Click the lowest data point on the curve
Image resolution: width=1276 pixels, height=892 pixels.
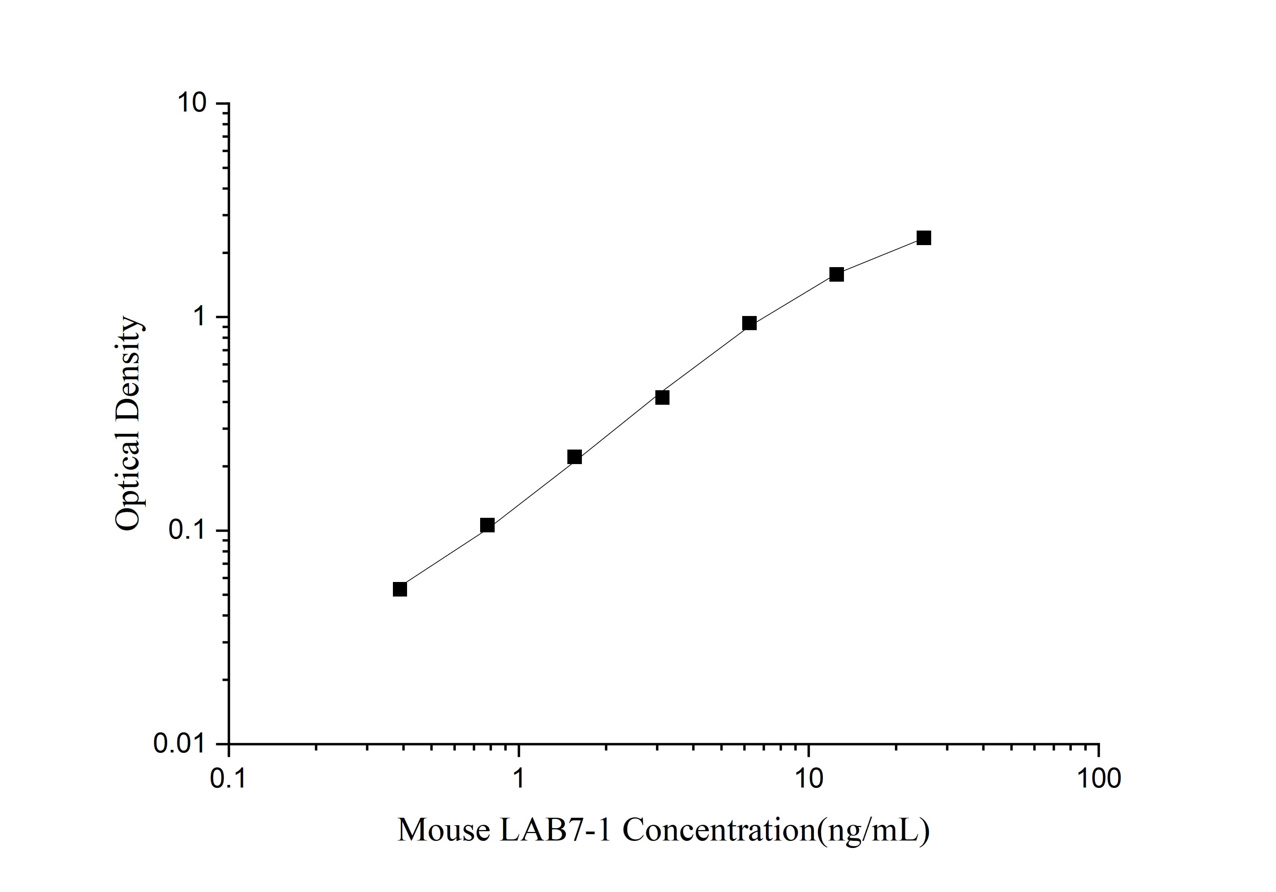pyautogui.click(x=400, y=589)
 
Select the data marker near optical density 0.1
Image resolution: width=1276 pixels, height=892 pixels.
pyautogui.click(x=487, y=525)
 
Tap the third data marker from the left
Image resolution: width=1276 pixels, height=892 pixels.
pyautogui.click(x=575, y=457)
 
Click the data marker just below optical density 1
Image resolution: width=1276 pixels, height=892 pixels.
pyautogui.click(x=749, y=323)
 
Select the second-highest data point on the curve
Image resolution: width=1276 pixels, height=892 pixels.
pyautogui.click(x=837, y=274)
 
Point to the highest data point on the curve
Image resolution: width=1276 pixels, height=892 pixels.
pyautogui.click(x=924, y=238)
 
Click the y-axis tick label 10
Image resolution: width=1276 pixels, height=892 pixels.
pyautogui.click(x=192, y=103)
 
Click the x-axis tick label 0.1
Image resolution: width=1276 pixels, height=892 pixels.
pyautogui.click(x=229, y=779)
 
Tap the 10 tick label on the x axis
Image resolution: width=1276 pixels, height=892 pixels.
pyautogui.click(x=809, y=779)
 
